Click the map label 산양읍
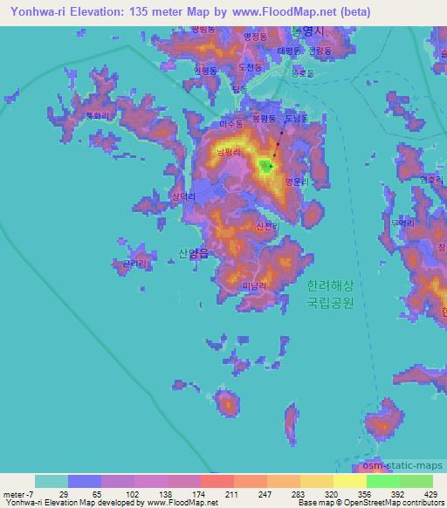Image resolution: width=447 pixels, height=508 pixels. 193,253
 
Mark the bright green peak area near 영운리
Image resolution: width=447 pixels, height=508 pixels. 266,166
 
